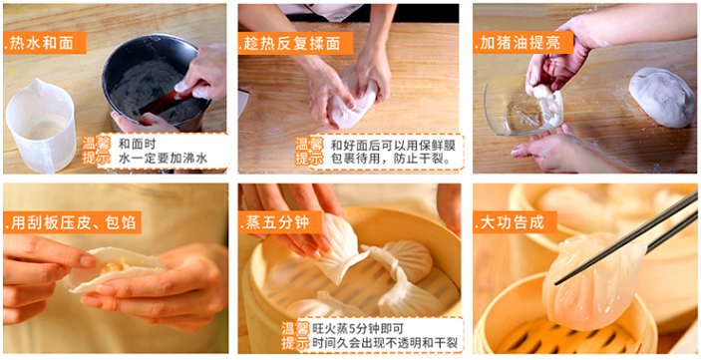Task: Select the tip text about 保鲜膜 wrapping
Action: coord(393,151)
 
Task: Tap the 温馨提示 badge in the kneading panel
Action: coord(309,151)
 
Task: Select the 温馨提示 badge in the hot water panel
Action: coord(96,151)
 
